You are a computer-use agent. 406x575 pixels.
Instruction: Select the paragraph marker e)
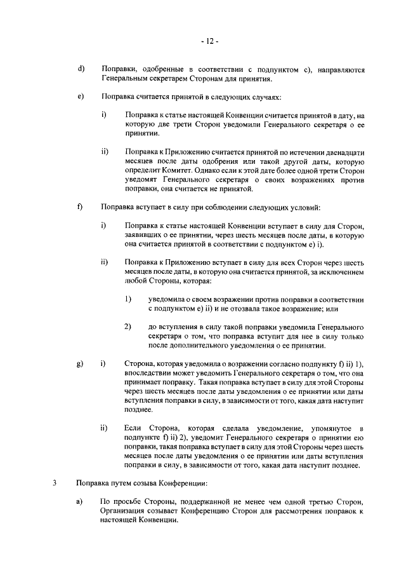tap(80, 97)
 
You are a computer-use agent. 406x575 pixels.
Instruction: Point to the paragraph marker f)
tap(80, 206)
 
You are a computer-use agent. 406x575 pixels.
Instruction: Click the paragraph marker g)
tap(80, 363)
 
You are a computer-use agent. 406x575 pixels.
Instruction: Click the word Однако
tap(230, 170)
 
